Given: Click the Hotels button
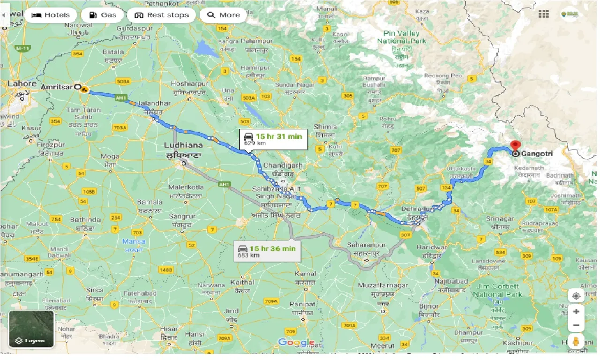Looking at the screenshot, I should pyautogui.click(x=50, y=15).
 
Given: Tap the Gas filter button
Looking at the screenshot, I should pyautogui.click(x=102, y=15).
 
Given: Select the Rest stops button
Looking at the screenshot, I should pyautogui.click(x=162, y=15).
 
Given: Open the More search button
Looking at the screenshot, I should pyautogui.click(x=223, y=15).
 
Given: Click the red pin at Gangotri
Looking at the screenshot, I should pyautogui.click(x=516, y=146).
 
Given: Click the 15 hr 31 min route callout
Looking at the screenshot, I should pyautogui.click(x=273, y=139).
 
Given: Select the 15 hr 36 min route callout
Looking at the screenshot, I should pyautogui.click(x=267, y=251).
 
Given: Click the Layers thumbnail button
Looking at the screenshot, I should pyautogui.click(x=31, y=329).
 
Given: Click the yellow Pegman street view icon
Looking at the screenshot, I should pyautogui.click(x=576, y=341).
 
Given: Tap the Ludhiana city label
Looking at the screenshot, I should pyautogui.click(x=183, y=145).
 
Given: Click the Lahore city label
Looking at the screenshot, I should pyautogui.click(x=22, y=83).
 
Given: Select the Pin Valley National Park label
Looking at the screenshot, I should pyautogui.click(x=402, y=37).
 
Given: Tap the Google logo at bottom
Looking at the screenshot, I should pyautogui.click(x=296, y=343).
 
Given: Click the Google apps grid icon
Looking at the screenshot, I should pyautogui.click(x=544, y=15).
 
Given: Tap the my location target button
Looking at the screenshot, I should pyautogui.click(x=576, y=296).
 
